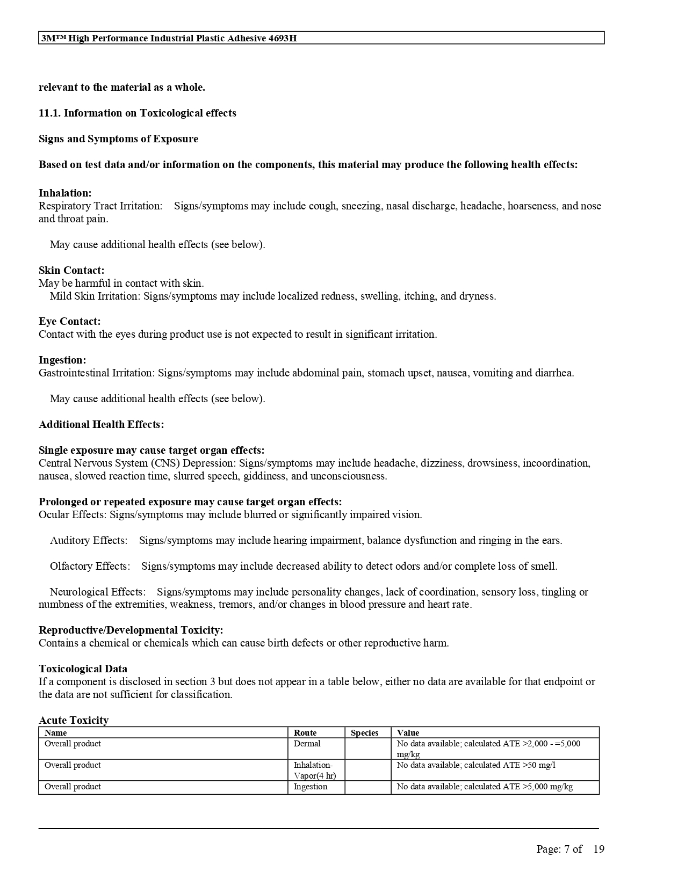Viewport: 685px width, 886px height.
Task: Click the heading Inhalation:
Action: [65, 193]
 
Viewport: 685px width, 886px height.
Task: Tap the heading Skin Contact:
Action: [71, 270]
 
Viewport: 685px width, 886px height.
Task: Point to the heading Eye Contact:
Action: [69, 321]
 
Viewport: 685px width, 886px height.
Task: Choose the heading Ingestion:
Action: [62, 360]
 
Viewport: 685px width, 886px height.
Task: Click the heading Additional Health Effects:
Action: [101, 424]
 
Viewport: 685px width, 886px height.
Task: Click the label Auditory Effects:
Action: [89, 540]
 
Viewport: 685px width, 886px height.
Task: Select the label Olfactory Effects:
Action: [90, 566]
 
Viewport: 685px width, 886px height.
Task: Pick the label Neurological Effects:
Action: [98, 592]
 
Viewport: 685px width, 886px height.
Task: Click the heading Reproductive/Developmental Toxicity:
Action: [131, 630]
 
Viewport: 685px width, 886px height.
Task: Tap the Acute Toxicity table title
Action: [74, 720]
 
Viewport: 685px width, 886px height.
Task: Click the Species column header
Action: [364, 732]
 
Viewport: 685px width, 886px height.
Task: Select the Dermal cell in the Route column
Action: [307, 744]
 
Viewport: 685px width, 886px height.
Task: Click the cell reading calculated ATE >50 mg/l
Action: [476, 765]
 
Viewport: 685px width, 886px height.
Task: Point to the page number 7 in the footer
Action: [567, 849]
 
